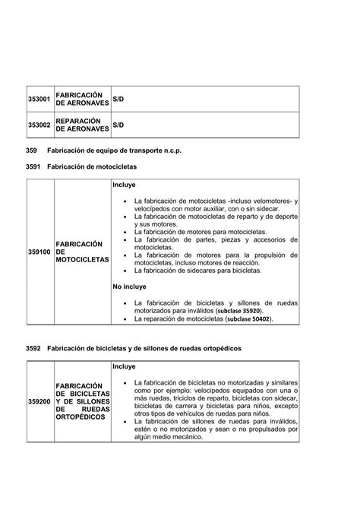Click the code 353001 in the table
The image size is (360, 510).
coord(39,100)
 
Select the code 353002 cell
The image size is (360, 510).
coord(39,125)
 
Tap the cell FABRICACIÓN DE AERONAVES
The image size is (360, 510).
coord(82,100)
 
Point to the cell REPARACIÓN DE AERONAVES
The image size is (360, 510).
coord(82,125)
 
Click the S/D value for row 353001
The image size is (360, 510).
coord(118,100)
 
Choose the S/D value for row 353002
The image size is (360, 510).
coord(118,125)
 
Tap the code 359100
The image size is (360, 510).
coord(39,252)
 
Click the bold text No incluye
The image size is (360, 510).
coord(129,287)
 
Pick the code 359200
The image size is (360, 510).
coord(39,401)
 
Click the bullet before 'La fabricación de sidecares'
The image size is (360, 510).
coord(126,271)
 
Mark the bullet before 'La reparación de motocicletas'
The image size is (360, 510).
coord(126,320)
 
